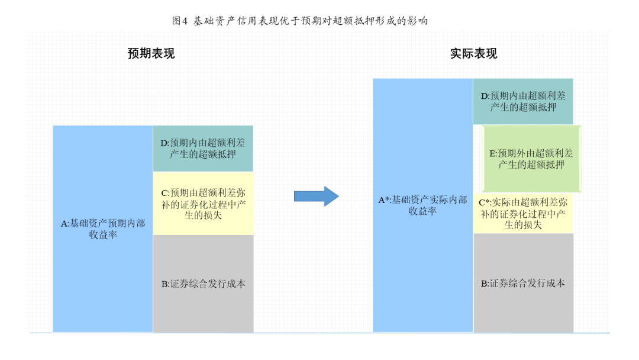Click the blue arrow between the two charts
pos(316,196)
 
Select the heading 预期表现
pos(151,54)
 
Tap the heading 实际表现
pos(473,54)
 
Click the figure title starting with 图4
pos(299,21)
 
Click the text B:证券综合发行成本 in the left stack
pos(203,284)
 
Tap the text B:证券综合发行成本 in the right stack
pos(523,283)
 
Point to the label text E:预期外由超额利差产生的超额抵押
pos(531,159)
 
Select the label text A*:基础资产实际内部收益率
pos(422,205)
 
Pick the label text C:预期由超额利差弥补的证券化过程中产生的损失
pos(203,204)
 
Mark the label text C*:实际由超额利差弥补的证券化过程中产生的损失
pos(523,213)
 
